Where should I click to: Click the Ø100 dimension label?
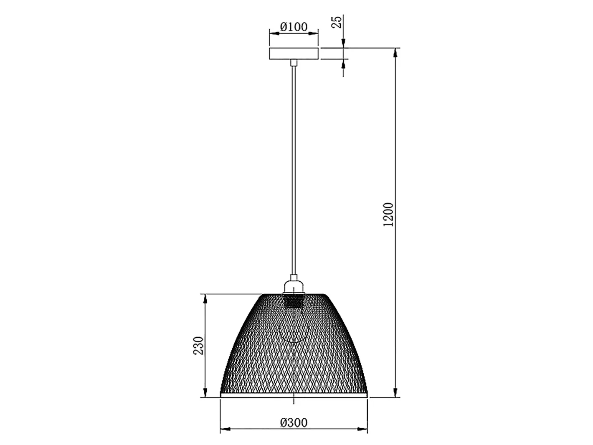(294, 27)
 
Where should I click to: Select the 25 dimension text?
(337, 22)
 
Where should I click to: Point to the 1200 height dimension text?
(388, 215)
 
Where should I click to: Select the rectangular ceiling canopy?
(294, 54)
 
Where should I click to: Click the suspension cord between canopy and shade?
(294, 170)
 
